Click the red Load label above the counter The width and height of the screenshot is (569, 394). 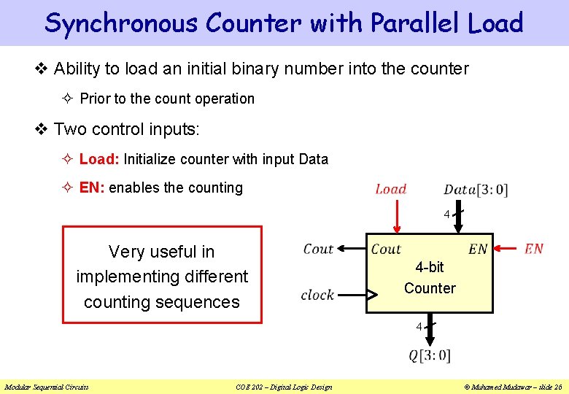391,189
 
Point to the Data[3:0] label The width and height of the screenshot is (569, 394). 476,190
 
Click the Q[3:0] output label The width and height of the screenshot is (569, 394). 430,356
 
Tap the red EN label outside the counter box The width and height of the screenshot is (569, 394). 534,249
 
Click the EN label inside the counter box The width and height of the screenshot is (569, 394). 478,250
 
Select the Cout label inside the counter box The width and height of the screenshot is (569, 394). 386,250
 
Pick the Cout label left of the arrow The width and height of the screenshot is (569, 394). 318,249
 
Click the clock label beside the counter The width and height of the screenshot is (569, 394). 317,295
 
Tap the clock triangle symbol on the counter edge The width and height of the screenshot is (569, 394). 371,295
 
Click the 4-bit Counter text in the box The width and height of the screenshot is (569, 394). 430,278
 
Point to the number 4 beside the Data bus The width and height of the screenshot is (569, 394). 446,215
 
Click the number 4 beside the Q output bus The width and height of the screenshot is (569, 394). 419,327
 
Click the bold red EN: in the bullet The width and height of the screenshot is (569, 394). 92,188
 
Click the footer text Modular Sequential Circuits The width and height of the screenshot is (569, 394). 47,387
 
